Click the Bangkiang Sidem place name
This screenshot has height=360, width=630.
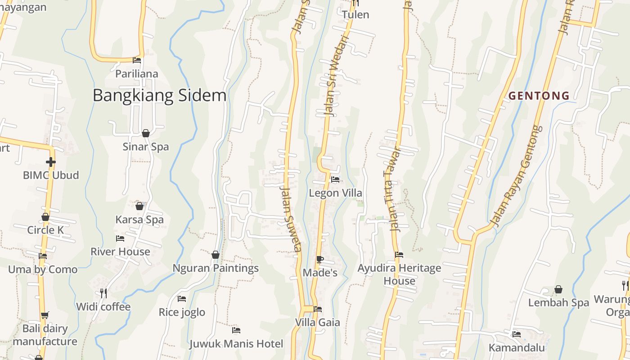[159, 95]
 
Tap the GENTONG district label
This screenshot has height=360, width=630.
[539, 95]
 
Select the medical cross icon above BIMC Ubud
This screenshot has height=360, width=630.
[51, 162]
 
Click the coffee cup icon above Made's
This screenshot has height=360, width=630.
[319, 259]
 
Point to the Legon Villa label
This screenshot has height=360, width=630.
[335, 193]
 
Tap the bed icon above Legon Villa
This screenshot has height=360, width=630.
[335, 180]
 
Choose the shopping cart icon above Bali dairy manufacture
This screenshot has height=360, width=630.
[45, 315]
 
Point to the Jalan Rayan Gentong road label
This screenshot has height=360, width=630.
[516, 176]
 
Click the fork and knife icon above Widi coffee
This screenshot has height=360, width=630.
[103, 293]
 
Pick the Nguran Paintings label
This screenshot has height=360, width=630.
[216, 268]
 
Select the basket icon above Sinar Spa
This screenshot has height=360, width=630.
[146, 133]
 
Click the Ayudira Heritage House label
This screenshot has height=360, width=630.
[399, 274]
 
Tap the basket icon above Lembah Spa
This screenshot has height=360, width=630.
[558, 289]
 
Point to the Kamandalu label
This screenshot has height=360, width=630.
[517, 348]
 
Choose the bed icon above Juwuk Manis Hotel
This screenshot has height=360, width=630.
[236, 330]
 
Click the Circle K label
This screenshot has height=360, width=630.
[45, 230]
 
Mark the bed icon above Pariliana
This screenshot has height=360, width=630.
[137, 60]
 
